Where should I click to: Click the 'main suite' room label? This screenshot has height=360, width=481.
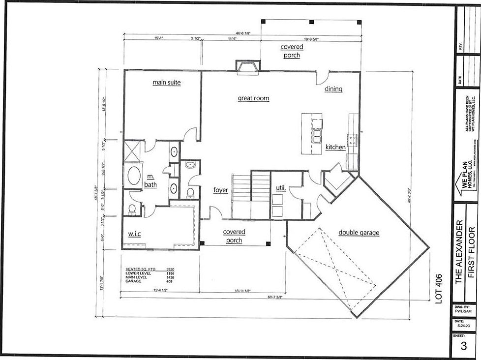[166, 83]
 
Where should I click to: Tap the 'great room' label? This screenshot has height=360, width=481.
[253, 98]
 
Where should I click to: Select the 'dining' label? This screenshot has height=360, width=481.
[333, 89]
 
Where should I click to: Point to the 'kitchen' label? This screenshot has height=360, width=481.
[335, 147]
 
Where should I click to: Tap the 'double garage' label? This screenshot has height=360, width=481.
[359, 233]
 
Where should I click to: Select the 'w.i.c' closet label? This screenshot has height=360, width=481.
[134, 234]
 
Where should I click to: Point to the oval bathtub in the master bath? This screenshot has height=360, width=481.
[133, 175]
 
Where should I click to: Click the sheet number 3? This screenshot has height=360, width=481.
[463, 346]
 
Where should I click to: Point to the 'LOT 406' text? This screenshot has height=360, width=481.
[439, 290]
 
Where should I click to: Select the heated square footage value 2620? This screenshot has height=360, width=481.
[170, 270]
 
